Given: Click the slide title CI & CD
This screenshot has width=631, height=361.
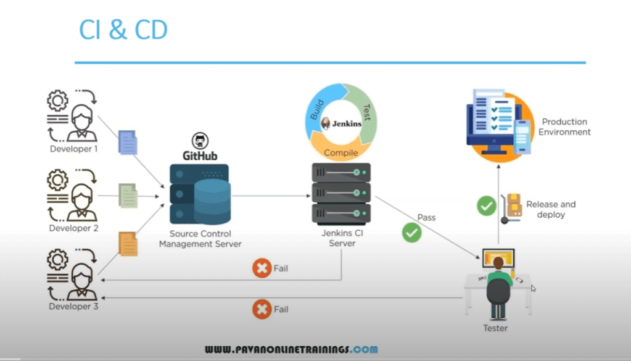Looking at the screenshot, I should tap(123, 30).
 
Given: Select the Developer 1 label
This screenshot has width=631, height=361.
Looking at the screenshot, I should tap(74, 149).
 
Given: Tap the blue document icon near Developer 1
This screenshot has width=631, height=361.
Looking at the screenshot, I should tap(127, 143).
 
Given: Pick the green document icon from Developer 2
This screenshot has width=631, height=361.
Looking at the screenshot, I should tap(128, 195).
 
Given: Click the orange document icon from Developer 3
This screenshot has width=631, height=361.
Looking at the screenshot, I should tap(128, 243).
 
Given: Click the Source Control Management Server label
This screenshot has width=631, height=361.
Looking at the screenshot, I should tap(200, 239).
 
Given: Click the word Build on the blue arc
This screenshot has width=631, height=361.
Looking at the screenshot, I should tap(316, 110).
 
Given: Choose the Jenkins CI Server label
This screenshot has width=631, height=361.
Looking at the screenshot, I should tap(342, 238).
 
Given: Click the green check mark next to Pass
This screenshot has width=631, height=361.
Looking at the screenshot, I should tap(411, 233).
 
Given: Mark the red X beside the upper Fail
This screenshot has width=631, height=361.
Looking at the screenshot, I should tap(262, 268).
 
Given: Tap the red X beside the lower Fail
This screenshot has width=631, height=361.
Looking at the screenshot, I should tap(262, 309).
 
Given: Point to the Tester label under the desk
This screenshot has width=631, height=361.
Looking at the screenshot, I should tap(495, 328).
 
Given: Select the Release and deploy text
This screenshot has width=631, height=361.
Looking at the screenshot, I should tap(550, 209).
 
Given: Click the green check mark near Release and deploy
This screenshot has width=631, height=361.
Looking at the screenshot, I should tap(487, 205).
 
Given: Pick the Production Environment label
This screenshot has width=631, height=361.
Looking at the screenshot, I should tap(564, 127).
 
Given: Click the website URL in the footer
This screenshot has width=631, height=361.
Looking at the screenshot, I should tap(291, 350).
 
